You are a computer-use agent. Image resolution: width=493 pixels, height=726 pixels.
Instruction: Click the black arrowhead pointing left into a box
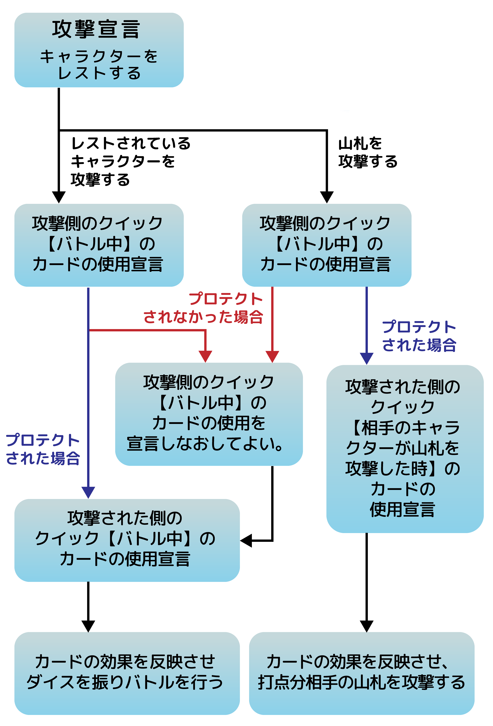click(246, 540)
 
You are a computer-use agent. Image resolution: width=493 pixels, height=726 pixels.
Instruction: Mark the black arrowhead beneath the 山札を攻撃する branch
click(327, 197)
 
